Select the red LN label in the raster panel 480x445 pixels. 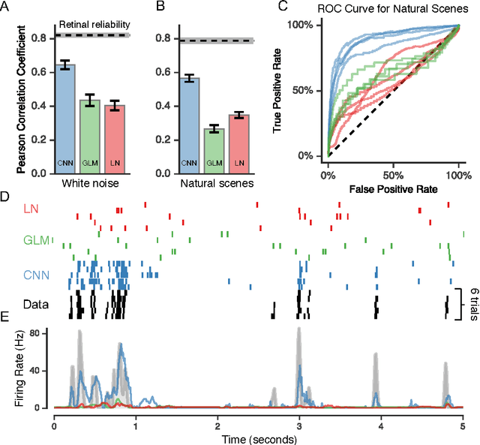[32, 208]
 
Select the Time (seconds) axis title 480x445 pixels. [258, 437]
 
